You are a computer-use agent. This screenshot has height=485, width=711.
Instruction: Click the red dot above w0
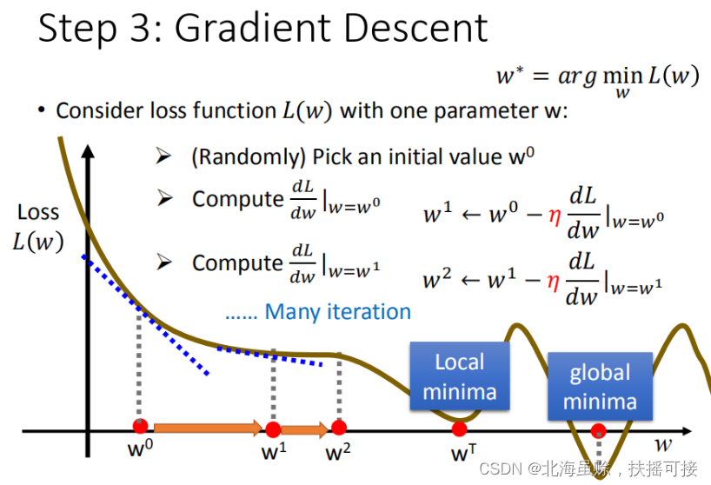(x=141, y=426)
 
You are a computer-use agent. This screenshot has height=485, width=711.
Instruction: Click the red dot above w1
(x=273, y=429)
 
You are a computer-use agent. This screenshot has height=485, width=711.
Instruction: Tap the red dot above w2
(x=339, y=427)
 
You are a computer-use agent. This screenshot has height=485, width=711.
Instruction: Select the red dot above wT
(x=459, y=429)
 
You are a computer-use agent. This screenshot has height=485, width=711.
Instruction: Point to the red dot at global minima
(x=599, y=430)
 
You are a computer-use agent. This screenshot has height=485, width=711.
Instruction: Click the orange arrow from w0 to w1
(x=208, y=428)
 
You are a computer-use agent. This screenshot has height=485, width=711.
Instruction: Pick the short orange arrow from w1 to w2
(x=305, y=429)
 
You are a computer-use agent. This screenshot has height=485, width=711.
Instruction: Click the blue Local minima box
(x=460, y=376)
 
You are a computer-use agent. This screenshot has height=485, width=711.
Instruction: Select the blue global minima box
(x=600, y=387)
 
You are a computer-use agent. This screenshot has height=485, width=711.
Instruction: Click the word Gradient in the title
(x=256, y=28)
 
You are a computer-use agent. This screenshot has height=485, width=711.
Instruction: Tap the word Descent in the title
(x=416, y=28)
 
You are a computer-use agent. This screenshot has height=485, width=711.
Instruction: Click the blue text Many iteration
(x=338, y=312)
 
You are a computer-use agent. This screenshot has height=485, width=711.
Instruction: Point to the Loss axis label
(x=38, y=212)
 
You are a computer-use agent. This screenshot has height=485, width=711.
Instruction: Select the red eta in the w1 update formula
(x=555, y=216)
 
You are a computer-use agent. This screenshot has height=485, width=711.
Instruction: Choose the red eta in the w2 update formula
(x=553, y=282)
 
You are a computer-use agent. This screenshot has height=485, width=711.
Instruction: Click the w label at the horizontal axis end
(x=663, y=445)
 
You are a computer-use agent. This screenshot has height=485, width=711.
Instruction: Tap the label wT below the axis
(x=463, y=452)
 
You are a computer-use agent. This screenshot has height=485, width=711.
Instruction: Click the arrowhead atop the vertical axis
(x=88, y=151)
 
